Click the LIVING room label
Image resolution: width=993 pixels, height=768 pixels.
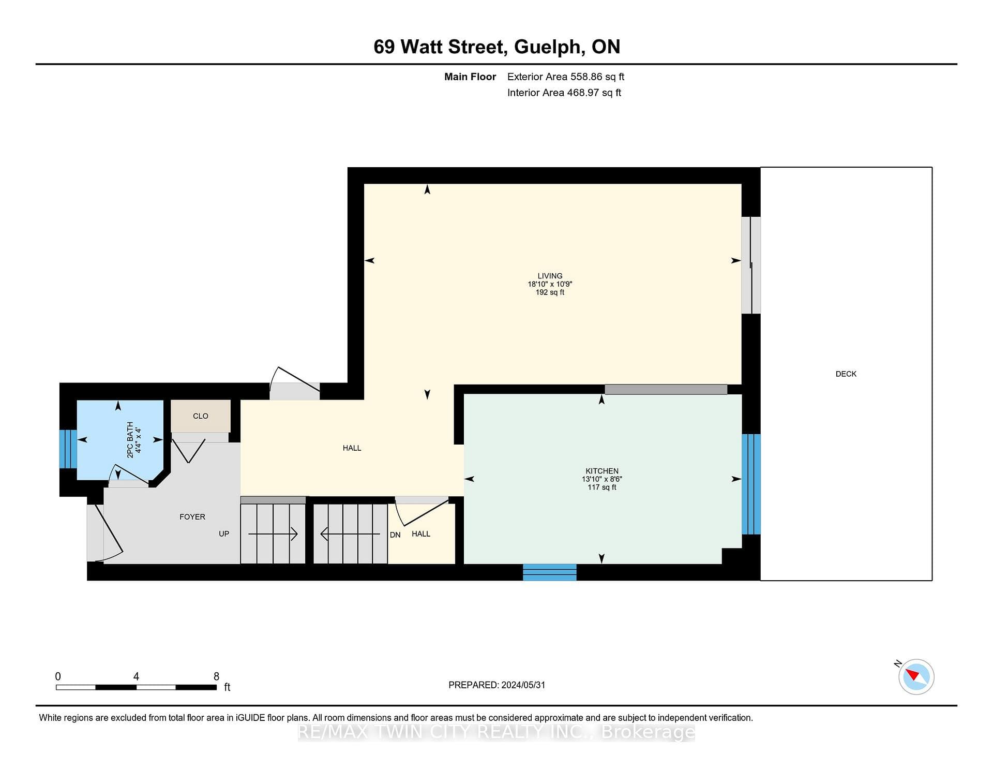click(x=550, y=276)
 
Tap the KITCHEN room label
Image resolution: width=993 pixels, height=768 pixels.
click(x=602, y=471)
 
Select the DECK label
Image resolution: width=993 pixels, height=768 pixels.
click(x=846, y=374)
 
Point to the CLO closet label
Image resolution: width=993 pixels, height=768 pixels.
click(x=201, y=416)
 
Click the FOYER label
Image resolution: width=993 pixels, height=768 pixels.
click(x=192, y=517)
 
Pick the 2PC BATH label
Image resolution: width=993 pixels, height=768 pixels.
click(x=130, y=440)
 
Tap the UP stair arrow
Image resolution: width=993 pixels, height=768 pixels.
click(x=273, y=534)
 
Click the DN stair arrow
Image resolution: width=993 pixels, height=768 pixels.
click(x=350, y=534)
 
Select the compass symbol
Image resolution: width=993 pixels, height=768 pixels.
click(x=916, y=676)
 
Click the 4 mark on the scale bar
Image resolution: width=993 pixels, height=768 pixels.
click(x=136, y=676)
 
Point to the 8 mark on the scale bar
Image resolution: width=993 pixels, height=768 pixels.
click(x=217, y=676)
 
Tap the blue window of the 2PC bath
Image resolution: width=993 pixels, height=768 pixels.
click(x=68, y=449)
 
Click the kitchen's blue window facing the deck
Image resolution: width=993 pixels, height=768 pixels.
click(x=751, y=484)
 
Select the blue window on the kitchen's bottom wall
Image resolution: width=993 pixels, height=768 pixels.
click(x=550, y=572)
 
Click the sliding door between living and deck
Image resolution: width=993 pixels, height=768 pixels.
click(x=751, y=265)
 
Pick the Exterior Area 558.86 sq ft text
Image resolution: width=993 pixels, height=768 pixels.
click(x=566, y=77)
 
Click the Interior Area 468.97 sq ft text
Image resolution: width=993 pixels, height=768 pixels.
click(x=564, y=93)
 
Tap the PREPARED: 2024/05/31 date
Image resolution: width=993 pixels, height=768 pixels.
click(x=496, y=685)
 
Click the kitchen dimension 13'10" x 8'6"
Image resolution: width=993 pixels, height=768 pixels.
click(x=602, y=479)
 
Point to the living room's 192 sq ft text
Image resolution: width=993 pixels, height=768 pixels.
click(x=550, y=292)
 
